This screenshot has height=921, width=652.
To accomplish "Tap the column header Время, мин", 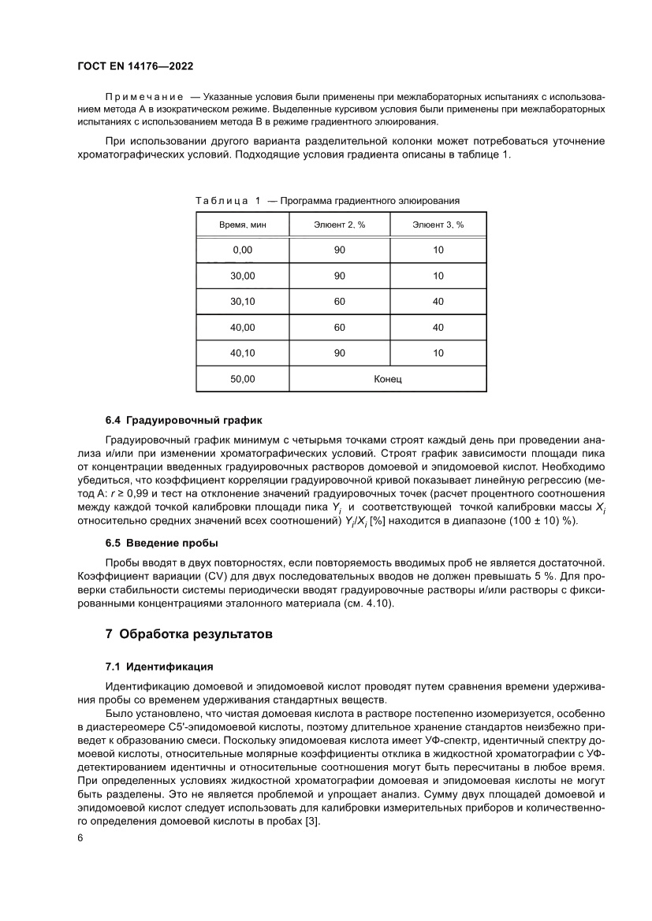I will click(x=242, y=225).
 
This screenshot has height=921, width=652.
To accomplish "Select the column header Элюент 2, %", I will click(x=339, y=225).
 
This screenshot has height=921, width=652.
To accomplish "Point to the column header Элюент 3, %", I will click(x=438, y=225).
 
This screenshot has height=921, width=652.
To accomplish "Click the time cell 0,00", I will click(x=242, y=250).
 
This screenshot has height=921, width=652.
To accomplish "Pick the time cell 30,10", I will click(x=242, y=302).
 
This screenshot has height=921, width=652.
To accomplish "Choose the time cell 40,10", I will click(x=242, y=353).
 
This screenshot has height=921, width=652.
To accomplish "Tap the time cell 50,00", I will click(x=242, y=379).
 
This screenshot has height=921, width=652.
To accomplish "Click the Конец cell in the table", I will click(x=388, y=379).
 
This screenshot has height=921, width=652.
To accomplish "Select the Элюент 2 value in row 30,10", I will click(x=339, y=302).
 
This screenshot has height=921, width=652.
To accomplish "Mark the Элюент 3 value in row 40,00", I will click(x=438, y=327).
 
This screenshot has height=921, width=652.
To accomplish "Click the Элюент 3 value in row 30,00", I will click(x=438, y=276).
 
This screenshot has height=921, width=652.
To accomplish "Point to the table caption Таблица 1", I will click(x=227, y=201).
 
